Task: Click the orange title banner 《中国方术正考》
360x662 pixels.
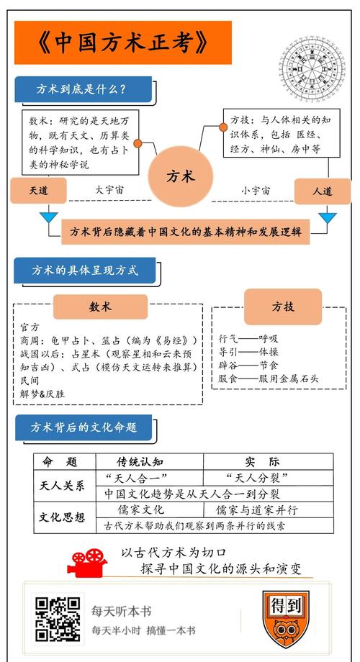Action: coord(122,42)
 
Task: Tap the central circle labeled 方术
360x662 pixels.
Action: coord(179,176)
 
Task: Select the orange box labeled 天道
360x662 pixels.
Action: coord(38,191)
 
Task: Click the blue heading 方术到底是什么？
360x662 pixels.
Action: coord(82,90)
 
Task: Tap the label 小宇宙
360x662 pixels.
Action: coord(255,191)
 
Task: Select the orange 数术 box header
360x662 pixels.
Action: coord(100,307)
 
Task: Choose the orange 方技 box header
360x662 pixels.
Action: coord(282,307)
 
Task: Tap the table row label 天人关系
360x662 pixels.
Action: coord(61,485)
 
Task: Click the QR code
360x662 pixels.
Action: coord(58,619)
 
